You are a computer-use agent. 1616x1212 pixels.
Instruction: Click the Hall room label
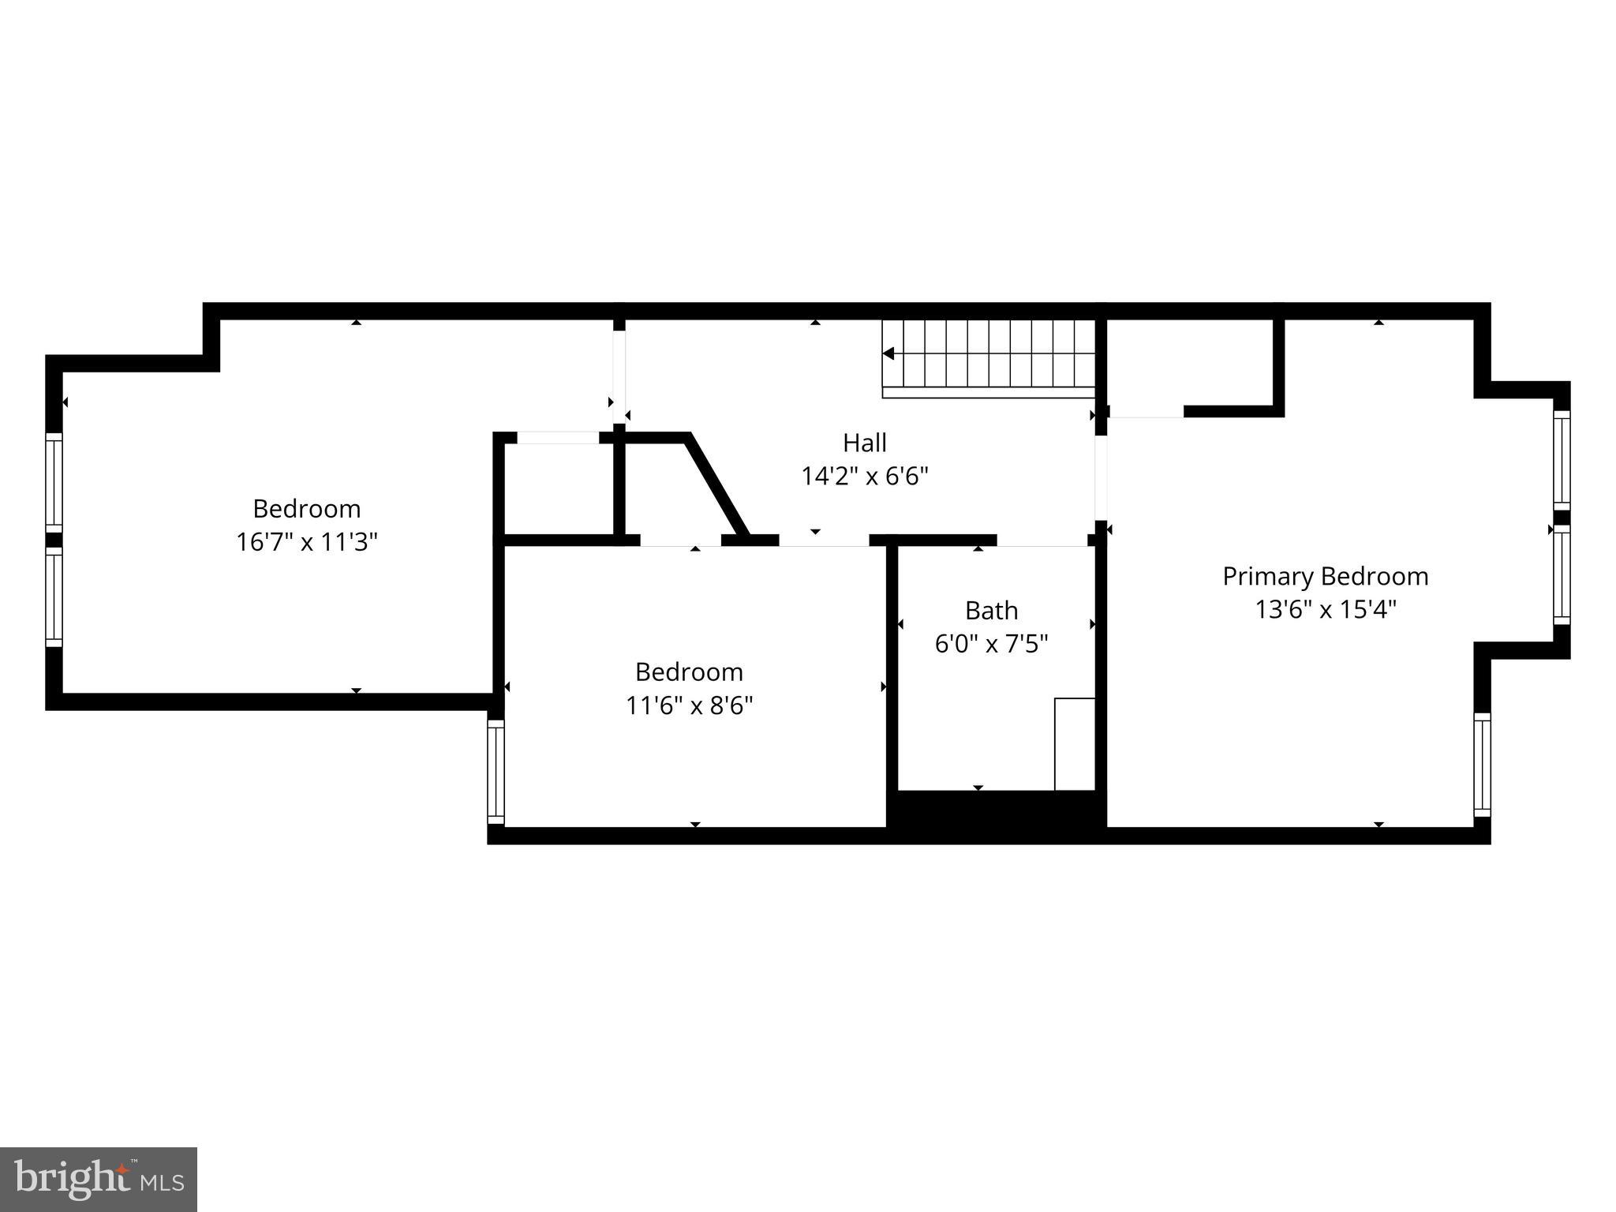point(864,443)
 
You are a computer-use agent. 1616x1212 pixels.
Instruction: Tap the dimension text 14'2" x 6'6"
point(864,477)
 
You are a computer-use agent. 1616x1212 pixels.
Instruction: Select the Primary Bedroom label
point(1325,577)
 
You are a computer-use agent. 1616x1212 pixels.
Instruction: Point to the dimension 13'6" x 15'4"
point(1325,610)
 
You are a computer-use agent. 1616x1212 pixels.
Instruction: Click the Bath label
point(991,611)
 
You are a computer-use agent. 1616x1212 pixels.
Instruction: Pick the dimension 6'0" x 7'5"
point(991,645)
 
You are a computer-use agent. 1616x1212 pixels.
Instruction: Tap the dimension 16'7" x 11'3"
point(307,542)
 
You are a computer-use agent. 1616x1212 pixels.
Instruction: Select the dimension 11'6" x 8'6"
point(689,705)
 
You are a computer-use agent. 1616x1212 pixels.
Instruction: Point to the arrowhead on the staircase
point(888,354)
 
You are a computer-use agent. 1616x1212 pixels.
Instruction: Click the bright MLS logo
point(98,1179)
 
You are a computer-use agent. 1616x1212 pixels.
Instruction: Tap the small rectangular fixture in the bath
point(1074,743)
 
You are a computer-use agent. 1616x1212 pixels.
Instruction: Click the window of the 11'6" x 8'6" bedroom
point(496,771)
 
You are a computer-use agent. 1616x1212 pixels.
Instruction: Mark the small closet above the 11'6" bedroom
point(559,489)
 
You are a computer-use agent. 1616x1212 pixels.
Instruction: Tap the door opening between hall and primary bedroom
point(1101,477)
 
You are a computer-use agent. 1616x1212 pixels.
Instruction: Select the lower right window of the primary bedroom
point(1482,765)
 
